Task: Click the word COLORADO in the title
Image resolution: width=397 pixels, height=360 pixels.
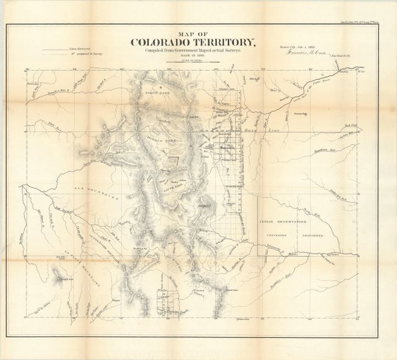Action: [173, 43]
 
